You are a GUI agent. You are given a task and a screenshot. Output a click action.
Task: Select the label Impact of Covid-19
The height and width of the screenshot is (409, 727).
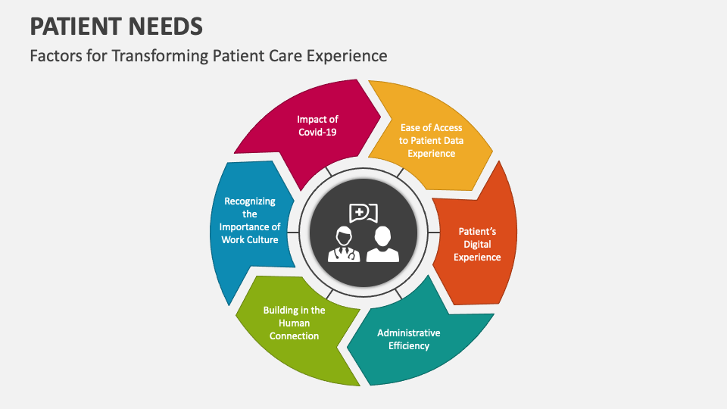coord(317,125)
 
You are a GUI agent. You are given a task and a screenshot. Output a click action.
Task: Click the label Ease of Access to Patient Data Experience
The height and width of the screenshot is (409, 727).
coord(431,140)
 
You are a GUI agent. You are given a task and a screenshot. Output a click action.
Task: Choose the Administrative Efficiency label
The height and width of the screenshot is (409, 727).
coord(408,339)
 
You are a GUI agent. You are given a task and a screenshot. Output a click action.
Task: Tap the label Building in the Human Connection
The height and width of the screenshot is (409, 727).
coord(294,323)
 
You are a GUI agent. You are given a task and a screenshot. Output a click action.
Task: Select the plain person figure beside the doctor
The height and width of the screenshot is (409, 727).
coord(382,245)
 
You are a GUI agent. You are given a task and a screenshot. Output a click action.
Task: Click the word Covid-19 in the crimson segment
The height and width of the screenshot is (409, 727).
coord(317,132)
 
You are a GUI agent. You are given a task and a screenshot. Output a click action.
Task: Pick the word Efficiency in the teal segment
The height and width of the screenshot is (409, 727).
coord(408,346)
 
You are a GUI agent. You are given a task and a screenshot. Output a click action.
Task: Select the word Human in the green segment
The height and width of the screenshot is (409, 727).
coord(294,323)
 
